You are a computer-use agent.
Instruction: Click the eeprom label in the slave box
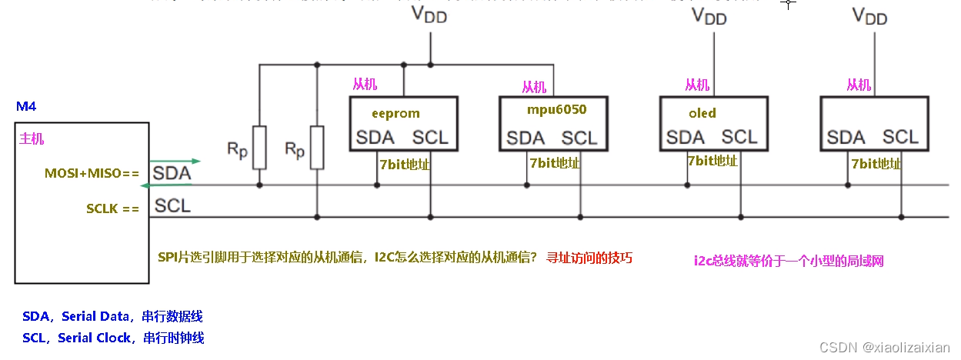coord(395,114)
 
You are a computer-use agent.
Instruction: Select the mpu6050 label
coord(556,110)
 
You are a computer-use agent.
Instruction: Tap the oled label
coord(702,114)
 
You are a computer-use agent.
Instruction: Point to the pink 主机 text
coord(32,139)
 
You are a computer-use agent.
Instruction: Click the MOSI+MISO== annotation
coord(92,174)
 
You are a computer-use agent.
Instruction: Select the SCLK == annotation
coord(112,208)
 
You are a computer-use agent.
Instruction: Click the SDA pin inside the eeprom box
coord(375,138)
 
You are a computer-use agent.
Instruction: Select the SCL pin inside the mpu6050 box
coord(579,138)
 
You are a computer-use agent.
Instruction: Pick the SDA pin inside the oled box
coord(686,137)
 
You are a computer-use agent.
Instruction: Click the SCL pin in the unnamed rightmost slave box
coord(900,137)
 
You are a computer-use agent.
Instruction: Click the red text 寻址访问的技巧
coord(589,258)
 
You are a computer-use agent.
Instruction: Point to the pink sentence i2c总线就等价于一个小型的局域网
coord(789,261)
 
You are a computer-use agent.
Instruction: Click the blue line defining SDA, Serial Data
coord(112,317)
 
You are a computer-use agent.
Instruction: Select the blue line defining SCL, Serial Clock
coord(113,338)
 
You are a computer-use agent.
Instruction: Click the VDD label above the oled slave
coord(709,16)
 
